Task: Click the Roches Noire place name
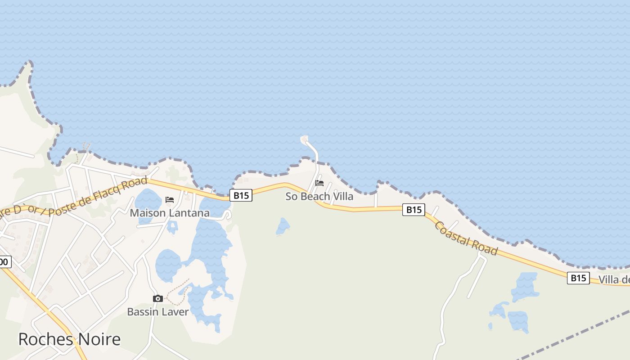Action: coord(69,339)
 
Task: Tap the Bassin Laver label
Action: coord(157,311)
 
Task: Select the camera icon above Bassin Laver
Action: coord(157,298)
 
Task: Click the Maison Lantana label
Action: coord(170,213)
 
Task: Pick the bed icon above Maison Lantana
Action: coord(170,199)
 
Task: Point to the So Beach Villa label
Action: coord(319,197)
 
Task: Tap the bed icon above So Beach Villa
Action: coord(319,183)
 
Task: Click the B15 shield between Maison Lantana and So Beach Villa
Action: coord(241,195)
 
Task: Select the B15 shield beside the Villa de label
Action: coord(578,278)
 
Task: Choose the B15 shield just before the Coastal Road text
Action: coord(414,209)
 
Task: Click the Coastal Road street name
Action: coord(466,238)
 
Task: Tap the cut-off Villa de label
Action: coord(614,280)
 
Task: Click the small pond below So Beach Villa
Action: coord(283,227)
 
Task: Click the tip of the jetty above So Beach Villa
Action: coord(305,139)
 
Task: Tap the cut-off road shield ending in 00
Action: coord(4,261)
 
